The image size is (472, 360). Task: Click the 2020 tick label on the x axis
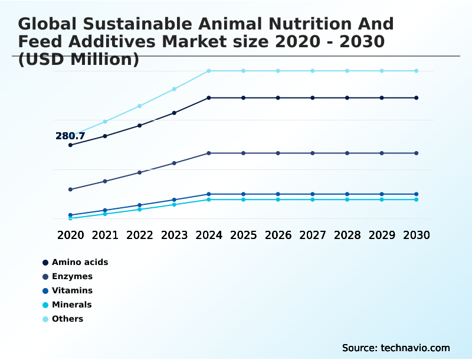click(x=70, y=235)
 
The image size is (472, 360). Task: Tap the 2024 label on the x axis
click(x=209, y=235)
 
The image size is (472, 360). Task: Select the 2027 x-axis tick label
click(x=313, y=235)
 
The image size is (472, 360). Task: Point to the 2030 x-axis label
click(x=417, y=235)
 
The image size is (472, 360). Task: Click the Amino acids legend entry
click(x=80, y=262)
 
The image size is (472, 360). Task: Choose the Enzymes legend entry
click(x=72, y=276)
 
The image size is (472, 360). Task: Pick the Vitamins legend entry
click(x=72, y=290)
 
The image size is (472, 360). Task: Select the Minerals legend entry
click(x=71, y=305)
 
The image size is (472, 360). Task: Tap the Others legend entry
click(x=67, y=319)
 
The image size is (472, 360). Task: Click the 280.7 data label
click(x=70, y=136)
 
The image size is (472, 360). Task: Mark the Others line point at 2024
click(x=209, y=71)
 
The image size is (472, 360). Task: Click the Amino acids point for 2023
click(x=174, y=113)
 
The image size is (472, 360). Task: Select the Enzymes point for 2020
click(x=70, y=189)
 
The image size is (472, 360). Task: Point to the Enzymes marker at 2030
click(x=417, y=153)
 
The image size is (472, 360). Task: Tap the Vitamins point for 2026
click(x=278, y=194)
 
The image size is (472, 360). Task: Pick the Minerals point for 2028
click(x=347, y=199)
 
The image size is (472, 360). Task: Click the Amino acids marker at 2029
click(x=382, y=98)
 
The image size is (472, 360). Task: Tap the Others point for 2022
click(x=140, y=106)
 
